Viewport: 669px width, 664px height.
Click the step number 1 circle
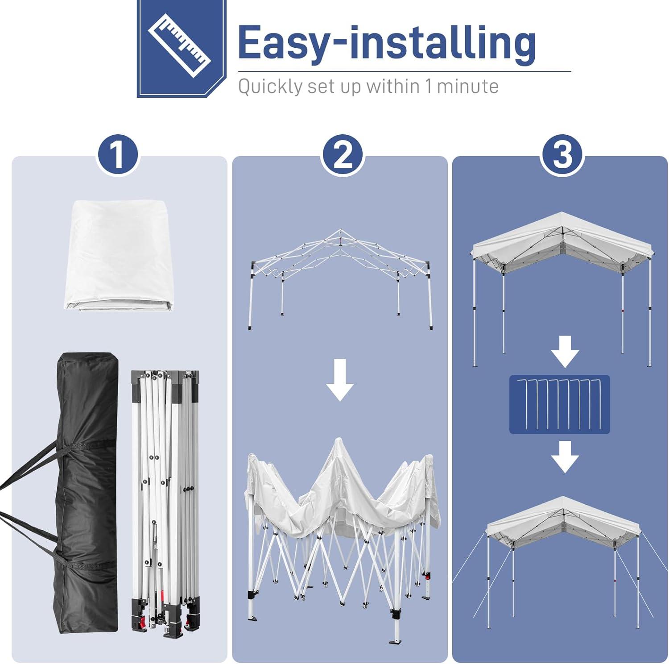118,155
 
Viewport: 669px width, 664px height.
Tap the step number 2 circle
343,155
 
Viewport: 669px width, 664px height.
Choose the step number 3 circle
562,155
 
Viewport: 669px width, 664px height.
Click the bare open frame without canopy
340,279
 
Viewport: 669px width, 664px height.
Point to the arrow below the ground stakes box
565,456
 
